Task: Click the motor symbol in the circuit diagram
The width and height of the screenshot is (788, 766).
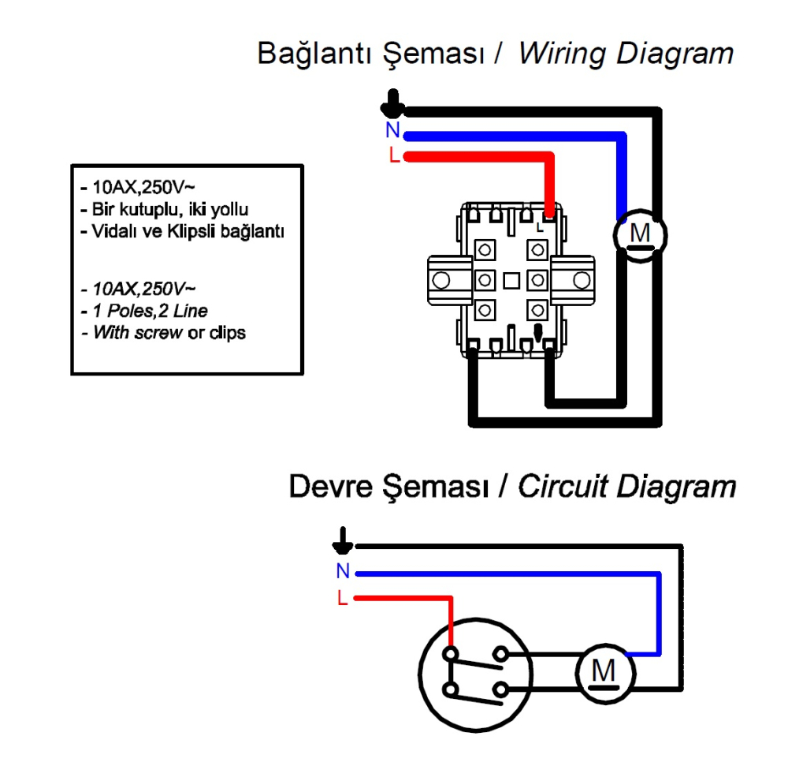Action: (604, 672)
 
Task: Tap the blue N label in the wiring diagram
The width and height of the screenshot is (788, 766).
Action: (392, 132)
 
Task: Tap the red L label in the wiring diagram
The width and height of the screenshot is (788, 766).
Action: (394, 155)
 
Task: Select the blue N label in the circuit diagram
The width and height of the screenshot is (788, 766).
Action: (342, 572)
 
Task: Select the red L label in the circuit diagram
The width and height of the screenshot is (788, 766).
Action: (342, 598)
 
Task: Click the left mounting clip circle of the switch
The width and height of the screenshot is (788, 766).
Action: (441, 279)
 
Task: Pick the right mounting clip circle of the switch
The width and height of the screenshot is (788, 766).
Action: (582, 279)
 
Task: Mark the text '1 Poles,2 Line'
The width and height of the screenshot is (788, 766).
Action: (150, 311)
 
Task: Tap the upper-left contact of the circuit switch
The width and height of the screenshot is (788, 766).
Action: (450, 653)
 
